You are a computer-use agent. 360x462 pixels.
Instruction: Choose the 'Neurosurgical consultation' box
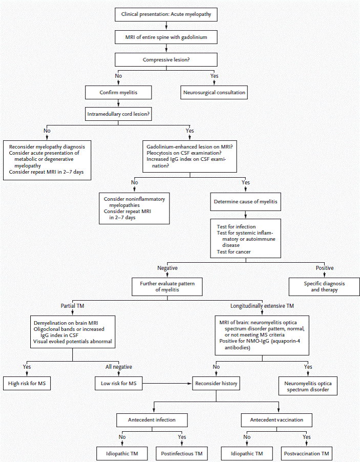coord(214,93)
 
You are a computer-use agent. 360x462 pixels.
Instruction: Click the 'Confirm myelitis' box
coord(119,93)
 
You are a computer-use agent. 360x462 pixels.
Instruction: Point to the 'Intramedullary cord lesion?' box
coord(119,113)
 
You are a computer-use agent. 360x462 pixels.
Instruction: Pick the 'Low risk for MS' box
coord(119,383)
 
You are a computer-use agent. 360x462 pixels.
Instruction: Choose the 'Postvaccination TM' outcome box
coord(306,453)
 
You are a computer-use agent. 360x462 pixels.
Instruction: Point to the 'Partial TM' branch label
coord(72,306)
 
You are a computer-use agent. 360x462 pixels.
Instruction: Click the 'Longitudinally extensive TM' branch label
coord(263,306)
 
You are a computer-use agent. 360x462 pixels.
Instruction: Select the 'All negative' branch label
coord(119,366)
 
